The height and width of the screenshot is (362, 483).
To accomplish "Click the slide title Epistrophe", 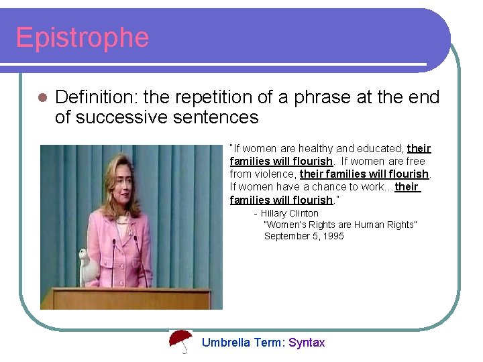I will pyautogui.click(x=82, y=38).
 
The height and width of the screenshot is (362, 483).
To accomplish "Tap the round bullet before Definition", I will pyautogui.click(x=42, y=98).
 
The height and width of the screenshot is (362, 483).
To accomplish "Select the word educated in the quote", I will pyautogui.click(x=380, y=148).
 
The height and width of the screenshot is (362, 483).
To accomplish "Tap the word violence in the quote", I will pyautogui.click(x=274, y=174).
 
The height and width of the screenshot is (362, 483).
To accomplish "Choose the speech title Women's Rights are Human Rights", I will pyautogui.click(x=340, y=225).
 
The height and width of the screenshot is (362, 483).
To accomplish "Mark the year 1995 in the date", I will pyautogui.click(x=333, y=236).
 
